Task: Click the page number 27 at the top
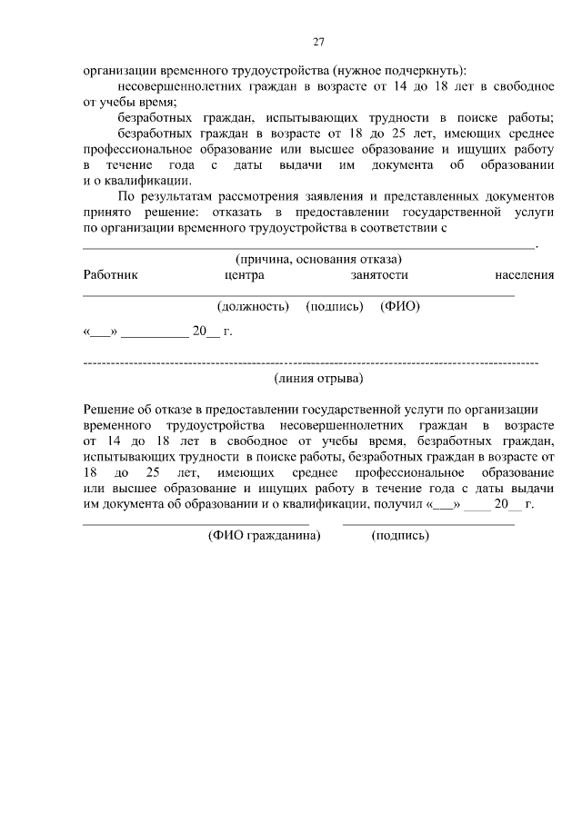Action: click(318, 42)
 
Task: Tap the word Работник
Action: click(110, 274)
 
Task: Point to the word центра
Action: click(244, 274)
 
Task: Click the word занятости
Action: click(378, 274)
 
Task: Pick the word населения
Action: click(525, 274)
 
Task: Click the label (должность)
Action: click(254, 307)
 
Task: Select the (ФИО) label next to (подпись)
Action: click(399, 307)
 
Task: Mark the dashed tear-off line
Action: click(310, 362)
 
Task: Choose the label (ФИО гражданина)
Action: click(265, 536)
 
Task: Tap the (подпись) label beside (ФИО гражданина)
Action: click(399, 536)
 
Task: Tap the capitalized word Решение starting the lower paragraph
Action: click(110, 408)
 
